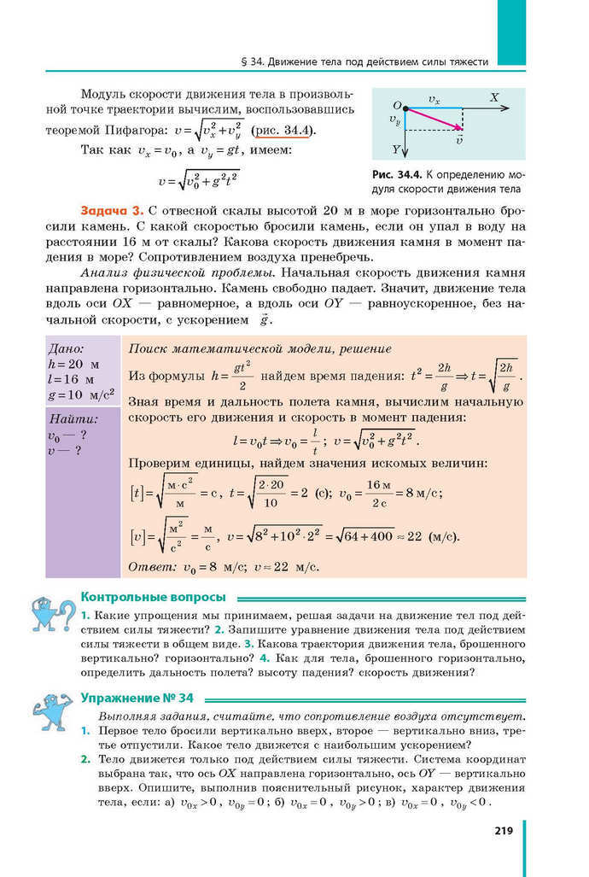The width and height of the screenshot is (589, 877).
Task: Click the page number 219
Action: click(501, 830)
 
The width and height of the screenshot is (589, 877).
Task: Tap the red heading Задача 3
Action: click(111, 210)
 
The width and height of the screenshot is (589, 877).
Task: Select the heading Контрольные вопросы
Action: click(153, 596)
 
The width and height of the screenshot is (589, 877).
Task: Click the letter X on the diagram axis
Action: click(494, 97)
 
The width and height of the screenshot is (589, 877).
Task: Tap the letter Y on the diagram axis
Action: click(395, 149)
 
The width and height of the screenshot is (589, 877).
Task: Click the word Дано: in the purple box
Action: click(67, 348)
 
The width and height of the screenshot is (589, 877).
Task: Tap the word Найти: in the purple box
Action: click(73, 419)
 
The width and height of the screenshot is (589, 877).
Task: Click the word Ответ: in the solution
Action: click(151, 566)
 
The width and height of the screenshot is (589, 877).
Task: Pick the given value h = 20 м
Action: click(75, 364)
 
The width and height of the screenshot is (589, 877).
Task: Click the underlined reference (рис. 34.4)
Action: click(284, 130)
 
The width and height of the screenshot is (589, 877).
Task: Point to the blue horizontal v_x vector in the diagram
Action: click(433, 108)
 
